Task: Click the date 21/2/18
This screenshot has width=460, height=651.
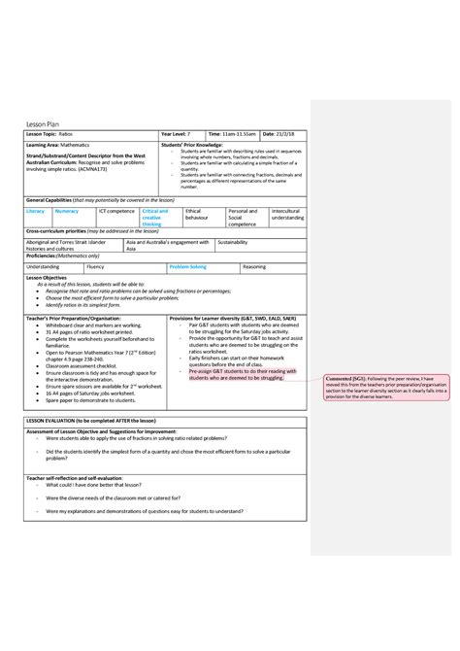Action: pyautogui.click(x=281, y=132)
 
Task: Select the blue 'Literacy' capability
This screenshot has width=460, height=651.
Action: pyautogui.click(x=35, y=211)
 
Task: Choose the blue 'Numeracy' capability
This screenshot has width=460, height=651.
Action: pyautogui.click(x=67, y=211)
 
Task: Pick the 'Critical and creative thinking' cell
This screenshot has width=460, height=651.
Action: pyautogui.click(x=155, y=217)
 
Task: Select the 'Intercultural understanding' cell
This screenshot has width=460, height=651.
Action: pyautogui.click(x=286, y=214)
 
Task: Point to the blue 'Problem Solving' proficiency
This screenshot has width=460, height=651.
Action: pyautogui.click(x=187, y=265)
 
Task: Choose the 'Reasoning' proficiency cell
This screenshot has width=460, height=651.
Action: pyautogui.click(x=254, y=265)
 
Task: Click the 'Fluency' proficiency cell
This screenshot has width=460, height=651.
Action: pyautogui.click(x=95, y=265)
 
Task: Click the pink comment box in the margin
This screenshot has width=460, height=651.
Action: pyautogui.click(x=382, y=390)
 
